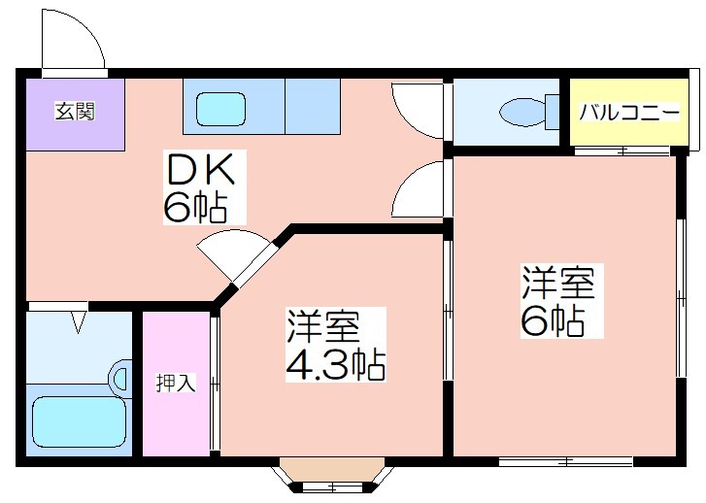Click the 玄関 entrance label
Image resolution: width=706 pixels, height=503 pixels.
tap(75, 112)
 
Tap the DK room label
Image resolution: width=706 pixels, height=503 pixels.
tap(201, 170)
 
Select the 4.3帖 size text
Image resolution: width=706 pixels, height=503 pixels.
tap(335, 365)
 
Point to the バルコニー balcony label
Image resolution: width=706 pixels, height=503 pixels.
tap(629, 112)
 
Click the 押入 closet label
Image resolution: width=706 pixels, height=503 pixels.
tap(176, 383)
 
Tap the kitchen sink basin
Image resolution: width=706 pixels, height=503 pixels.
tap(221, 109)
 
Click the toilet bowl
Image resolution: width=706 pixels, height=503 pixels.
tap(522, 112)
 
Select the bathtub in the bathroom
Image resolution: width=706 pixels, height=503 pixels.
tap(79, 421)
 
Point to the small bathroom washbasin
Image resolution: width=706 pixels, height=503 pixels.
tap(119, 379)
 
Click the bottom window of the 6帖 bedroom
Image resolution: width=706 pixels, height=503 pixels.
tap(566, 461)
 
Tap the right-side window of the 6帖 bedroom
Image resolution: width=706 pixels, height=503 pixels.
tap(681, 298)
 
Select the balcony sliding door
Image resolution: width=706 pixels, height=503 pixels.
tap(623, 151)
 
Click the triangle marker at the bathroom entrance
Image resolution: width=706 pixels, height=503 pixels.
tap(79, 322)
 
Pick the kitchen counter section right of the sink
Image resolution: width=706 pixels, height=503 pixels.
tap(313, 106)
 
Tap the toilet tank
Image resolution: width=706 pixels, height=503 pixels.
tap(553, 112)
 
